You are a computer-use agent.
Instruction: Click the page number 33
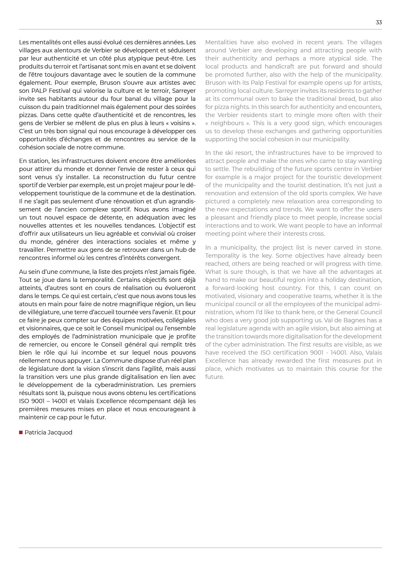(379, 22)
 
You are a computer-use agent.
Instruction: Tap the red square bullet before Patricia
(21, 433)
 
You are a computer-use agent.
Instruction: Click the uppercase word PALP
(39, 91)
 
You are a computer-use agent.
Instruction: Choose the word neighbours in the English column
(227, 123)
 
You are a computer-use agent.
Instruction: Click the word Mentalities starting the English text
(221, 42)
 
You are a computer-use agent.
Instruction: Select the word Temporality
(221, 256)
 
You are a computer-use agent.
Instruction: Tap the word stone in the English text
(374, 248)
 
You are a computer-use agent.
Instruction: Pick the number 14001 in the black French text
(60, 401)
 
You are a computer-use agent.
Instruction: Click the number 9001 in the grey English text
(317, 353)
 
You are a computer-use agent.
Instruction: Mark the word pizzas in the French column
(28, 115)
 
